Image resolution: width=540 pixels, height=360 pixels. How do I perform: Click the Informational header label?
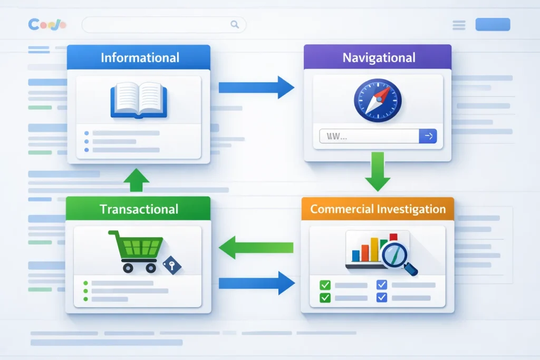140,57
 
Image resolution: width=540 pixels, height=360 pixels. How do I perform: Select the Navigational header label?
379,57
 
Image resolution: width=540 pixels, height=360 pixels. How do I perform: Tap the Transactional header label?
139,209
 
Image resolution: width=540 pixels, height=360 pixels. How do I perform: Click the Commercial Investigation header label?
378,209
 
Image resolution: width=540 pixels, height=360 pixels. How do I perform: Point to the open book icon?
138,99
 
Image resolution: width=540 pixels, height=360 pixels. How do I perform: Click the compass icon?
378,100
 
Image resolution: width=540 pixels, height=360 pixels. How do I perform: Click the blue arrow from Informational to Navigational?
256,87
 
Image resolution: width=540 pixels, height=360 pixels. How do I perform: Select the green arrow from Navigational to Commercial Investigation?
378,171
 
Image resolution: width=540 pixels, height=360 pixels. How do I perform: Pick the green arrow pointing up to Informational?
136,180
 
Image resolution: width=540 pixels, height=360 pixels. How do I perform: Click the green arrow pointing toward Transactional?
256,247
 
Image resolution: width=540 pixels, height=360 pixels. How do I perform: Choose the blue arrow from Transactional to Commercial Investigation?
256,284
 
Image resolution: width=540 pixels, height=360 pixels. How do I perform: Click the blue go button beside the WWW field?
428,137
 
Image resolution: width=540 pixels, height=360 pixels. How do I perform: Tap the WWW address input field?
369,137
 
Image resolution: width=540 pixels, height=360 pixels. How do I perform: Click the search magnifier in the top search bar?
235,24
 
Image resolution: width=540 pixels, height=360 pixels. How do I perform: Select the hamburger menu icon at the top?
459,25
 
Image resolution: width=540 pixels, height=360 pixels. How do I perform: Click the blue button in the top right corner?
493,24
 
